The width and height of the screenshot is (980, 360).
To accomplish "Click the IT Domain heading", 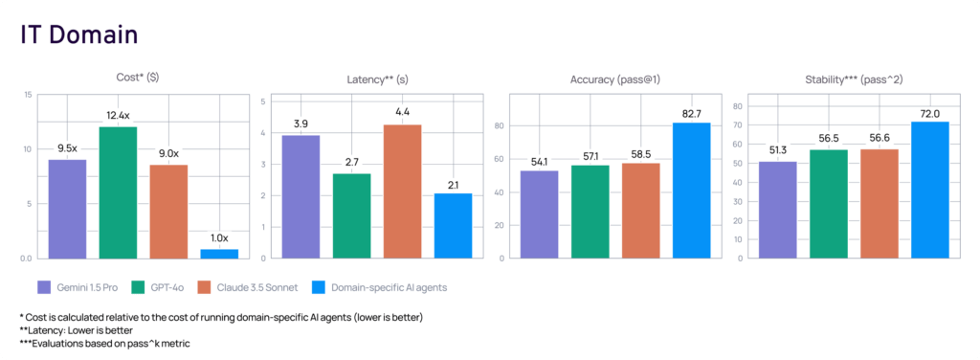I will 79,34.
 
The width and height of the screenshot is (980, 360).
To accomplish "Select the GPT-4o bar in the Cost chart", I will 118,191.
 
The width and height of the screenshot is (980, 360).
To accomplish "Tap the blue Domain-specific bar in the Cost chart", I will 219,253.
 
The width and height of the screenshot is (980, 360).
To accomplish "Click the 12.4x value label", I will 118,116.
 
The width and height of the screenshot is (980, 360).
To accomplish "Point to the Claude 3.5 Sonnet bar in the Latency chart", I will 402,191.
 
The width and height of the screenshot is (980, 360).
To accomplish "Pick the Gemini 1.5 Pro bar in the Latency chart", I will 301,196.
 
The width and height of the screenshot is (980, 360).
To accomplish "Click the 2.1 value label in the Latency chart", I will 453,184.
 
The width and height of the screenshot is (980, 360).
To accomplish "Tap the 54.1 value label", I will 539,161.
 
